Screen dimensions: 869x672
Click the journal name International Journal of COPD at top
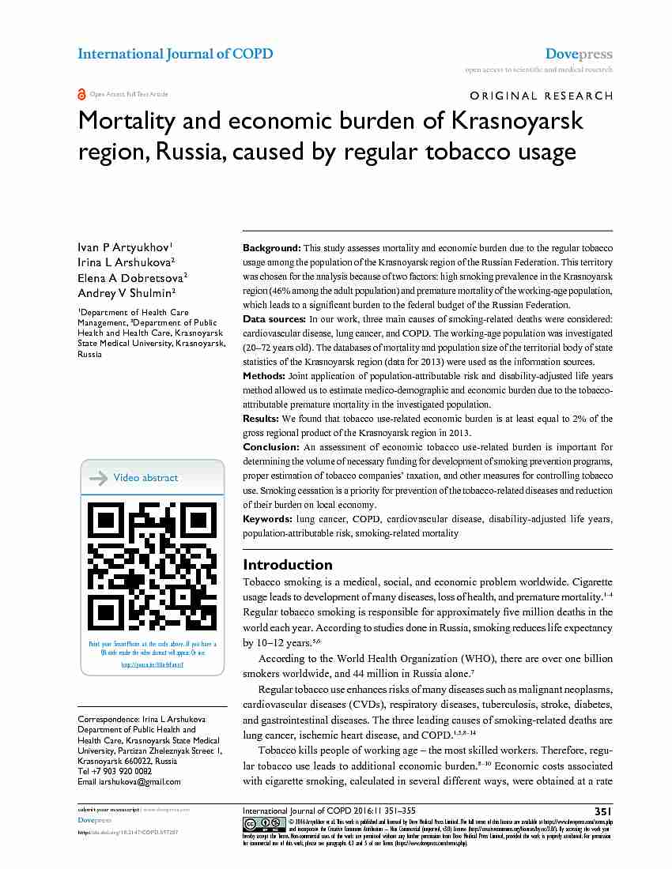click(175, 54)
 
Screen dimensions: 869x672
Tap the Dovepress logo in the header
click(579, 55)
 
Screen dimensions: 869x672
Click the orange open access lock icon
click(81, 94)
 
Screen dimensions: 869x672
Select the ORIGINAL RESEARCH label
click(542, 96)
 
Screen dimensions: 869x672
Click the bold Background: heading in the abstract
click(272, 248)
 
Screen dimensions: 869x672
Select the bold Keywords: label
click(268, 519)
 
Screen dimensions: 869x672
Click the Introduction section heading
click(288, 564)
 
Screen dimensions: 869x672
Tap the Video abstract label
click(145, 478)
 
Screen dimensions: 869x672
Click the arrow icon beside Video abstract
click(99, 478)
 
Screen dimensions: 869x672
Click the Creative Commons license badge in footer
click(265, 823)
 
